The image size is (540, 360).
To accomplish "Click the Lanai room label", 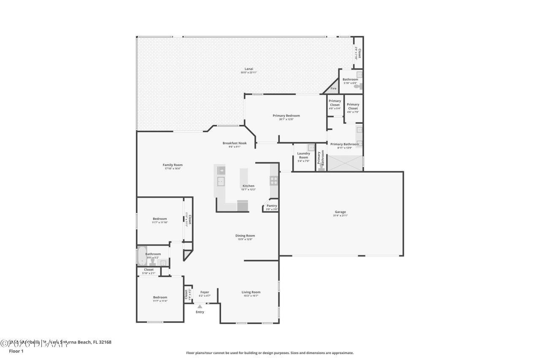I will [x=249, y=69].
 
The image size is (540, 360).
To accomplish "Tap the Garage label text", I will [x=340, y=212].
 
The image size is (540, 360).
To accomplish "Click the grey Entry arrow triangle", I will [x=200, y=307].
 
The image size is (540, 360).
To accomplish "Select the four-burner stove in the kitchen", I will [x=273, y=181].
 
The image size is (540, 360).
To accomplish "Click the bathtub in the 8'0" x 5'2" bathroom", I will [x=141, y=256].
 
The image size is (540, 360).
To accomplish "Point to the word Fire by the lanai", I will [x=333, y=89].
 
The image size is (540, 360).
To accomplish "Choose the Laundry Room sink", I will [x=311, y=147].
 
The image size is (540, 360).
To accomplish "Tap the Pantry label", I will [x=272, y=206].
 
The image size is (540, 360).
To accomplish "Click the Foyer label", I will [x=205, y=292].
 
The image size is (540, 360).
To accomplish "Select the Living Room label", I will [x=251, y=292].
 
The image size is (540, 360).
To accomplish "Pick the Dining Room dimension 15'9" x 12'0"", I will [x=245, y=240].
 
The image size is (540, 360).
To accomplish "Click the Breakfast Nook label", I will [x=235, y=143].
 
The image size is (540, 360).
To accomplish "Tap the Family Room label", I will [x=173, y=165].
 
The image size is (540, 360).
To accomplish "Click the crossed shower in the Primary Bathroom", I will [x=345, y=163].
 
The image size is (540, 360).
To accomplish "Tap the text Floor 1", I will [x=16, y=351].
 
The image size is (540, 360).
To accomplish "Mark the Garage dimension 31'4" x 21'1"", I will [x=340, y=216].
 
